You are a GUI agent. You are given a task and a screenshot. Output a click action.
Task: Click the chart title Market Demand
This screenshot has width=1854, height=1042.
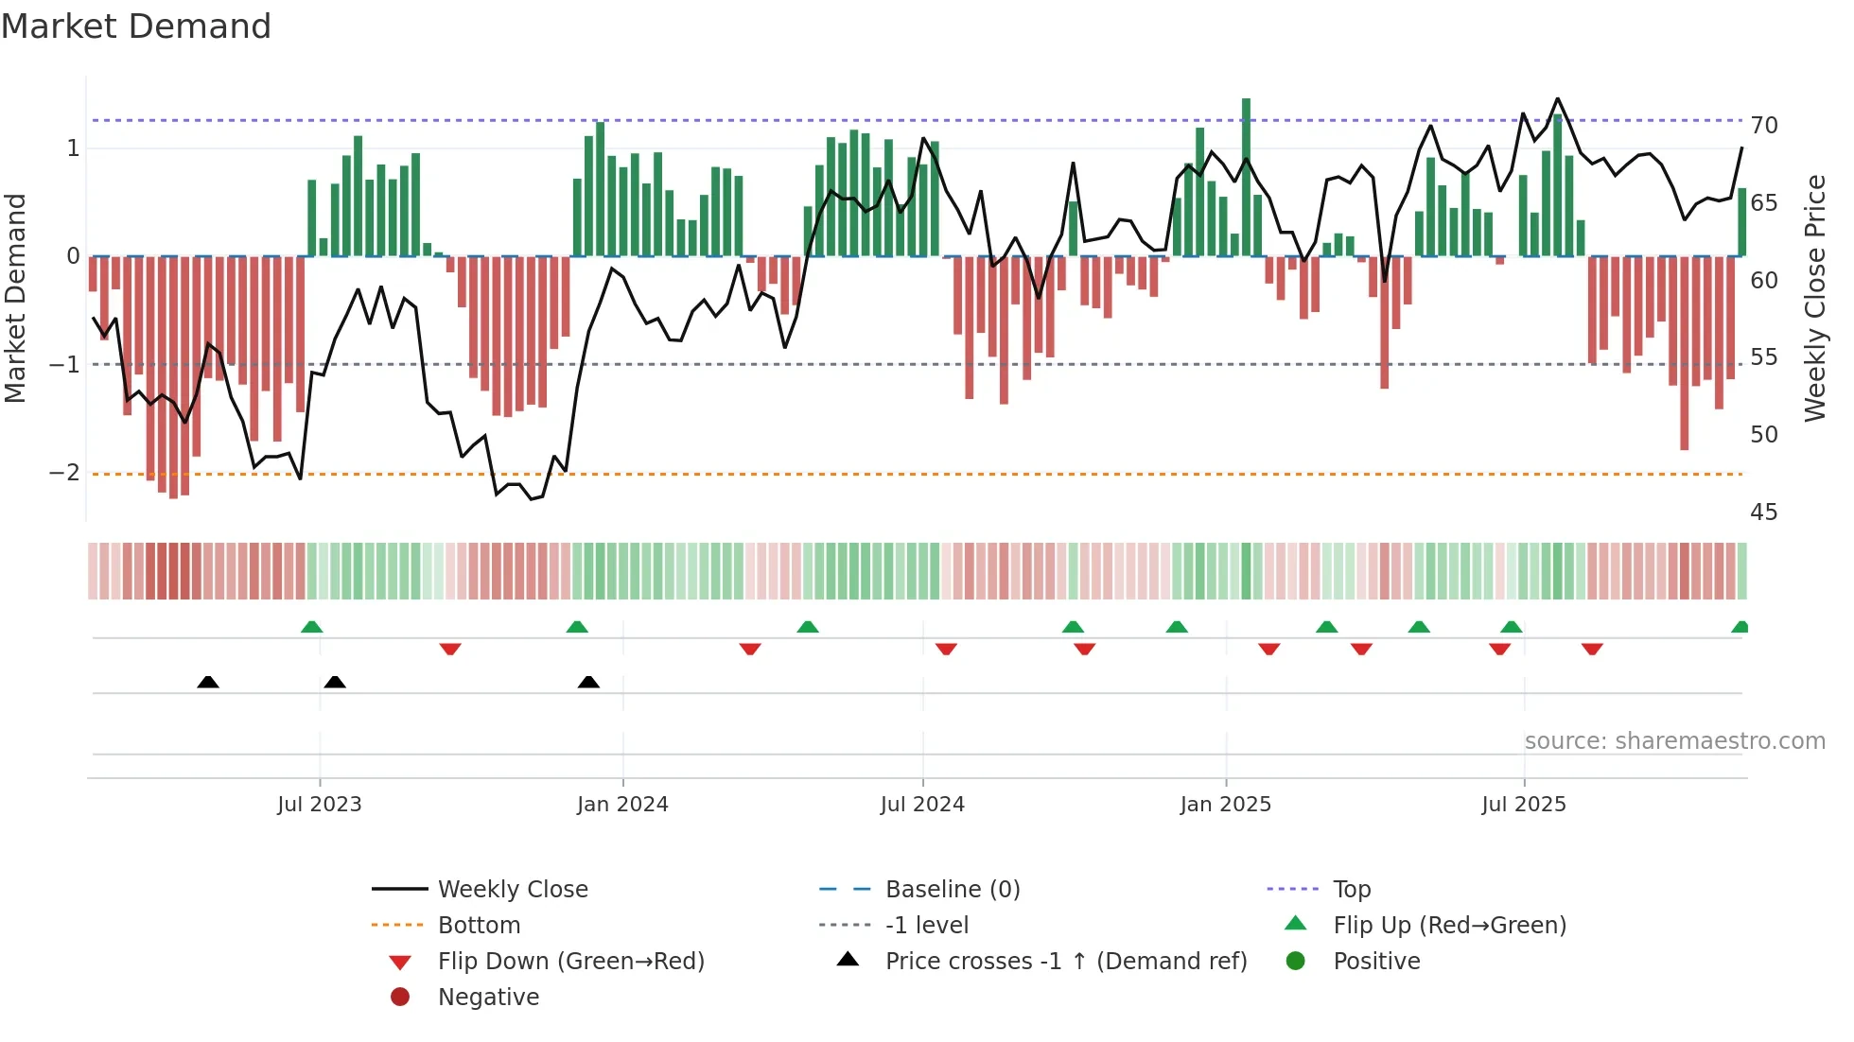[x=136, y=26]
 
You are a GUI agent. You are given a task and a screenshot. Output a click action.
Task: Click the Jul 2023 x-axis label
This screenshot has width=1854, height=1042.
[x=320, y=805]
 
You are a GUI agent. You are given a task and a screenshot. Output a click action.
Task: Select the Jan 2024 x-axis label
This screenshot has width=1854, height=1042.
[x=622, y=805]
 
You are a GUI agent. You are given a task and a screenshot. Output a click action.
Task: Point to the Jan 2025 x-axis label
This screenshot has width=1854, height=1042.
[x=1226, y=805]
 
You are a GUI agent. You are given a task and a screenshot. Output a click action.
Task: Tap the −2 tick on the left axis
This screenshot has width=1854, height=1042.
[x=65, y=473]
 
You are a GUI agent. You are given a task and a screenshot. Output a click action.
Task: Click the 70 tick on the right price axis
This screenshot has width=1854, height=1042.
[x=1764, y=126]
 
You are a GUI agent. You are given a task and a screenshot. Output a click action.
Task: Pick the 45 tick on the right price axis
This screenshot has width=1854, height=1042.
[x=1764, y=512]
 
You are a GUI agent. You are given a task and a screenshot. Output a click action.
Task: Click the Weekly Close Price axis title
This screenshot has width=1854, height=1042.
[x=1814, y=299]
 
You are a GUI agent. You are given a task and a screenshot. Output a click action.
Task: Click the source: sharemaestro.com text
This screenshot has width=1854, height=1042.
[x=1674, y=741]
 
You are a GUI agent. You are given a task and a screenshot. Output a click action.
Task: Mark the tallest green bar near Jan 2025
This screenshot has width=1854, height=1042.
[x=1246, y=178]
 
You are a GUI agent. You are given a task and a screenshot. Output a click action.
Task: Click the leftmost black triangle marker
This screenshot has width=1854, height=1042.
[x=208, y=682]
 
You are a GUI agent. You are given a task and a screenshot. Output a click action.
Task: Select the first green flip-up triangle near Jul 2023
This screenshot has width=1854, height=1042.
[x=312, y=626]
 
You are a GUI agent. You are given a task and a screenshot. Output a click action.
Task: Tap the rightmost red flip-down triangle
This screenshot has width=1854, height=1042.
[x=1592, y=649]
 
